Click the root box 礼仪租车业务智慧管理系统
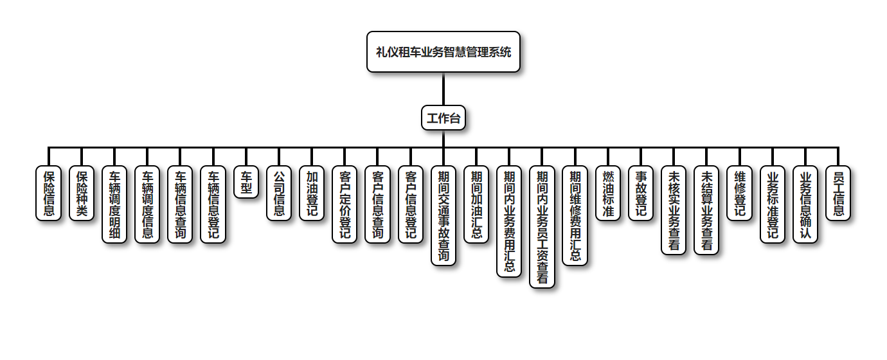click(443, 52)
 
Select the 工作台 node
click(443, 118)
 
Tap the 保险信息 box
click(48, 194)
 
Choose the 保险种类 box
click(81, 194)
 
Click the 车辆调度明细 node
click(114, 204)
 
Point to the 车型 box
click(246, 183)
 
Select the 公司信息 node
click(279, 194)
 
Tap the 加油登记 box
click(312, 194)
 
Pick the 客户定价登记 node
click(345, 204)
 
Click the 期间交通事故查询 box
click(443, 215)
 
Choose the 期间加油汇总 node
click(476, 204)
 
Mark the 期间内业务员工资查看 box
click(542, 227)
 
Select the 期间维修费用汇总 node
click(575, 215)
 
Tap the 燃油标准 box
click(607, 194)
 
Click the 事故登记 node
click(640, 194)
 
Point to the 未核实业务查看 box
click(674, 210)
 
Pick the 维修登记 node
click(739, 194)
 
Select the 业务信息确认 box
click(805, 204)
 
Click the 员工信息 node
click(838, 194)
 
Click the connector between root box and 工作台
click(443, 89)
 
